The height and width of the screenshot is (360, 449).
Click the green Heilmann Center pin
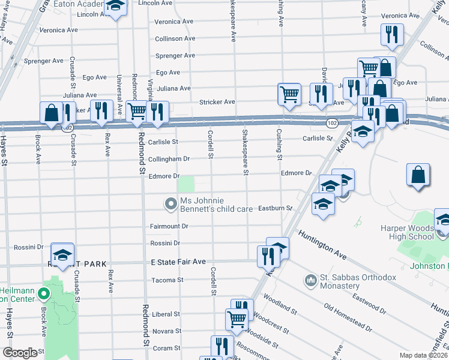[43, 294]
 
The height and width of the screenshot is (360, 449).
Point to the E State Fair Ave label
[178, 262]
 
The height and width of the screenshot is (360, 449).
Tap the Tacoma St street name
[167, 280]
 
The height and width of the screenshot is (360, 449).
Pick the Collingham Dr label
[169, 159]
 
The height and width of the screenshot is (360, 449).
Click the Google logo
[20, 353]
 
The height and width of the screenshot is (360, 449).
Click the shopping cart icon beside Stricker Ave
[289, 94]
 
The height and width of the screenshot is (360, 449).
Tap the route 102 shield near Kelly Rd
[331, 122]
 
